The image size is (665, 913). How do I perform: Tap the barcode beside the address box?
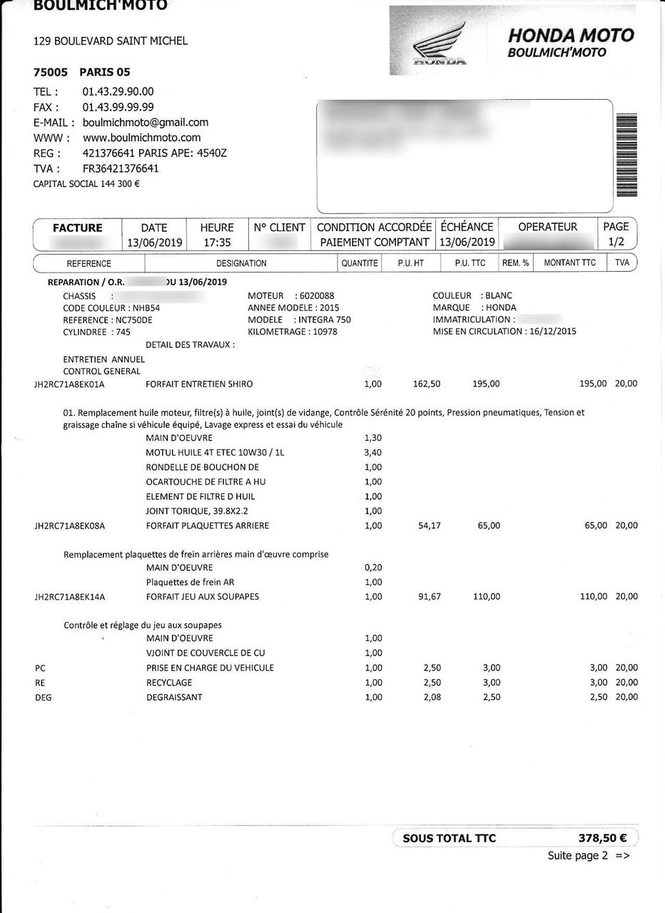(x=626, y=155)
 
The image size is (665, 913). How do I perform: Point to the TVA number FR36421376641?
(x=121, y=168)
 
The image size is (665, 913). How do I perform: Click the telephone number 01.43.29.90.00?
(x=118, y=91)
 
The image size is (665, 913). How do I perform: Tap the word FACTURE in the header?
(x=78, y=228)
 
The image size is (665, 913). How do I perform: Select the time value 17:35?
(x=217, y=243)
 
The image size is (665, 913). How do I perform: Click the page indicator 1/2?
(x=616, y=243)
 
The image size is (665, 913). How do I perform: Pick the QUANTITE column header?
(x=360, y=263)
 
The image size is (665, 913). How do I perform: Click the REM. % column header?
(x=515, y=263)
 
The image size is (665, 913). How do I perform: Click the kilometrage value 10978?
(x=325, y=332)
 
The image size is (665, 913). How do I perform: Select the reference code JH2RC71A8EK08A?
(x=70, y=526)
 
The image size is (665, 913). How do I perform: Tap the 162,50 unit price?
(x=427, y=384)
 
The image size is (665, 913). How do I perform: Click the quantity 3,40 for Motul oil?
(x=372, y=452)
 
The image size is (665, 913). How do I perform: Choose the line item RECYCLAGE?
(x=169, y=683)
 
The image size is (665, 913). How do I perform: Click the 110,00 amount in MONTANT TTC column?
(x=592, y=596)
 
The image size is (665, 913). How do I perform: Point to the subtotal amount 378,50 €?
(x=598, y=838)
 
